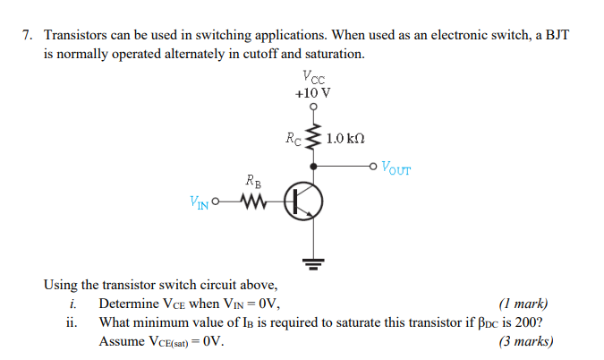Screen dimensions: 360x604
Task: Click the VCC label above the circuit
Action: [312, 77]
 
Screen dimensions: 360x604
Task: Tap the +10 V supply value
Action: [312, 92]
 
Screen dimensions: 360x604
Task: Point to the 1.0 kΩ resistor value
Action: [345, 139]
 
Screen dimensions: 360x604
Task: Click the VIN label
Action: [200, 203]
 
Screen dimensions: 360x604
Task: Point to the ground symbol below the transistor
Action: [312, 262]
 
